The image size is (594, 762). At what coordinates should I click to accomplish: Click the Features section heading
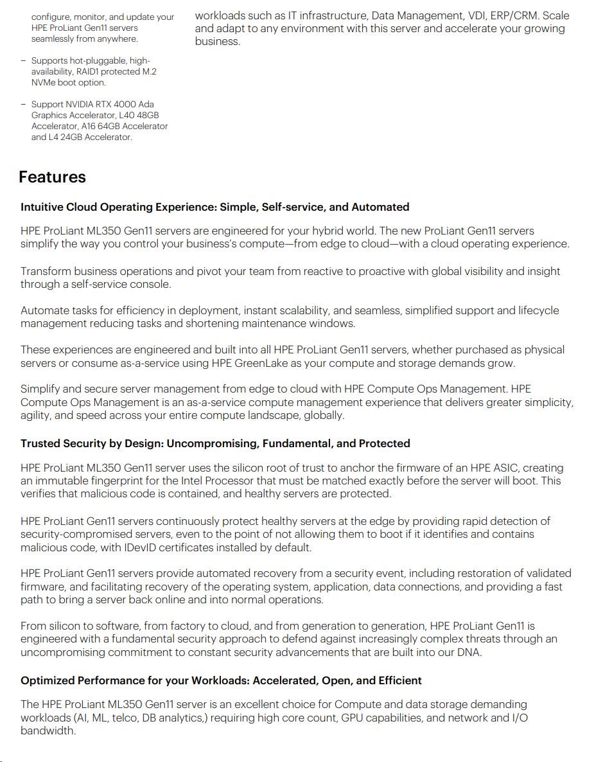[x=52, y=177]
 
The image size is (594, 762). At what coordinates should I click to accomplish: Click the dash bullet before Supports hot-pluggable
[x=23, y=60]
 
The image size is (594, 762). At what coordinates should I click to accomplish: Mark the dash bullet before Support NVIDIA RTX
[x=23, y=104]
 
